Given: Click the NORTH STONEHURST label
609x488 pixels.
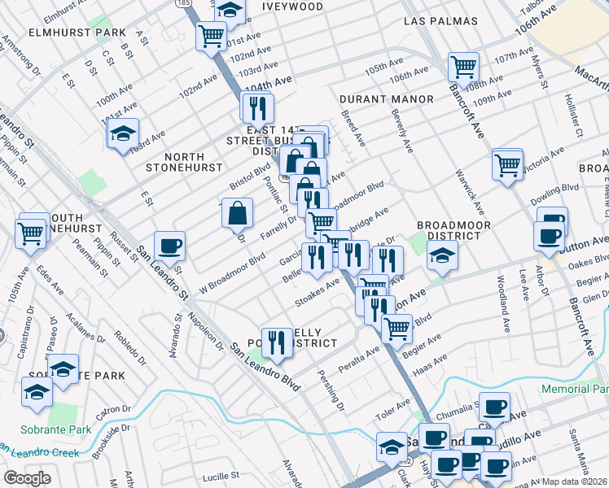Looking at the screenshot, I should tap(183, 162).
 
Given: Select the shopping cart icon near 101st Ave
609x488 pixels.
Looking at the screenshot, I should tap(211, 36).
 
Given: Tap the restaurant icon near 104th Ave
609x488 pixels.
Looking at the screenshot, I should tap(257, 107).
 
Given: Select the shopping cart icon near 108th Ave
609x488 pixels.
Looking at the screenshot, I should tap(463, 66).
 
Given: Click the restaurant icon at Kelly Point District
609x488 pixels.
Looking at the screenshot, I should tap(276, 343).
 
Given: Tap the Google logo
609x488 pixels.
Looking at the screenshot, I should tap(27, 477).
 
